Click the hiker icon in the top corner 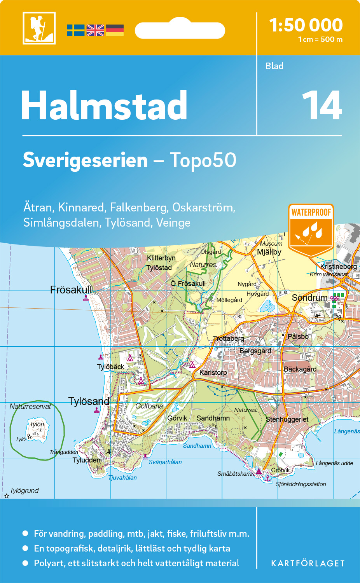39,28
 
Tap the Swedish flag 75,30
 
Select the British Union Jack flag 95,30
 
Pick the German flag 115,30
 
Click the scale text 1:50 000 306,25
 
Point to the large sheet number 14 322,106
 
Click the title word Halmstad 104,106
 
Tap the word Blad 274,66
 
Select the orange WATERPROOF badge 311,229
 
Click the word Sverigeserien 85,160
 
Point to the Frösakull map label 71,290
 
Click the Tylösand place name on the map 89,401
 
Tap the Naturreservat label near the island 30,407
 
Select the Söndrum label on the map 309,298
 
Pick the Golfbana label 149,406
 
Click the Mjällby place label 269,252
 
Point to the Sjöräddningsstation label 301,484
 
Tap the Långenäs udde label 334,463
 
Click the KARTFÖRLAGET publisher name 308,564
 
